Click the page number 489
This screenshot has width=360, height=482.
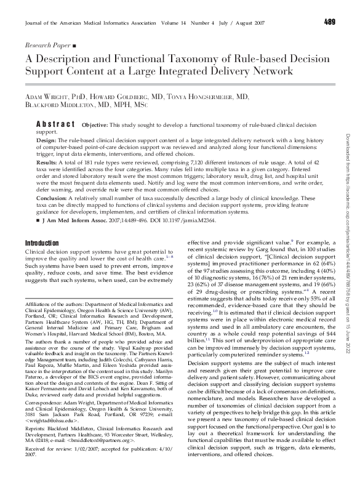(x=329, y=23)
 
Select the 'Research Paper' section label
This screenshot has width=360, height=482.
(x=47, y=46)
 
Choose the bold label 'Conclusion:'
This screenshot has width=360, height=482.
(x=52, y=199)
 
